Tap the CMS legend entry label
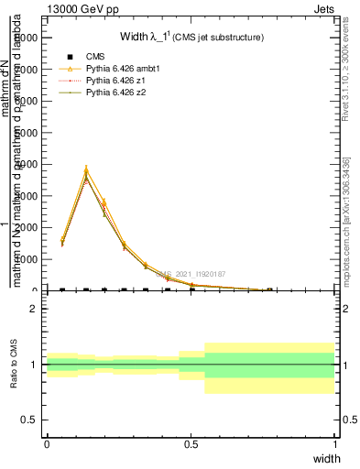click(x=94, y=57)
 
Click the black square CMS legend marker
click(x=70, y=57)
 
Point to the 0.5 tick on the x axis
click(x=191, y=444)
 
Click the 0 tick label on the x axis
click(x=47, y=444)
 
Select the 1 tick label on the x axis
click(x=334, y=444)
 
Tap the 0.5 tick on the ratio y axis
click(x=31, y=420)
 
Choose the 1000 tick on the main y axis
click(x=25, y=259)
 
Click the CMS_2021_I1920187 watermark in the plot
click(x=191, y=273)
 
